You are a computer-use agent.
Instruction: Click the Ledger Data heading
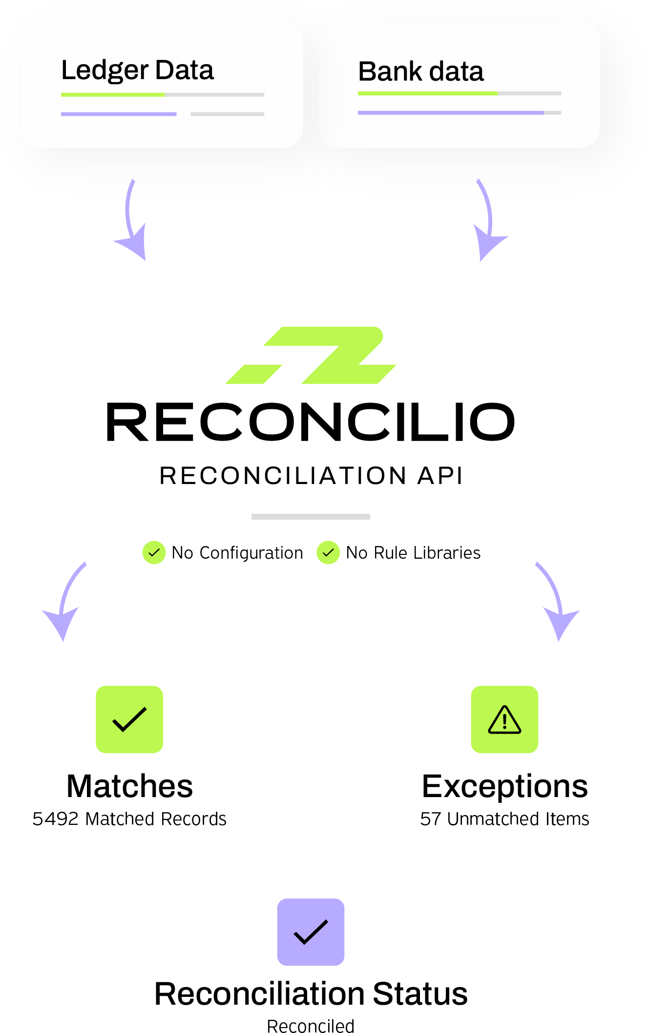point(137,70)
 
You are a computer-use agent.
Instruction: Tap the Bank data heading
point(420,72)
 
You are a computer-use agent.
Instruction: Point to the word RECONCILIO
point(311,422)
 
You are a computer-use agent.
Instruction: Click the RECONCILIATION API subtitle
point(311,476)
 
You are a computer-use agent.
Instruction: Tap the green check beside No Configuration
point(154,552)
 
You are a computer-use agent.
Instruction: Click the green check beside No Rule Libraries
point(328,552)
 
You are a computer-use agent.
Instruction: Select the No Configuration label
point(237,553)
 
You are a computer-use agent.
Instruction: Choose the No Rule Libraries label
point(413,553)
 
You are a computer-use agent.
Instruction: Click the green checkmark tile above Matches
point(129,719)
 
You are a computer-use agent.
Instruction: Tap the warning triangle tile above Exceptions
point(504,719)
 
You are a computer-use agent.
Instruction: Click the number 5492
point(55,819)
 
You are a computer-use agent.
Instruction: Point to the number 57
point(430,819)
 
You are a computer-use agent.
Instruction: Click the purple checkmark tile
point(311,932)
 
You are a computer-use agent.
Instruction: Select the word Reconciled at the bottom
point(311,1026)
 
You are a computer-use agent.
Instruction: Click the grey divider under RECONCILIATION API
point(311,516)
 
